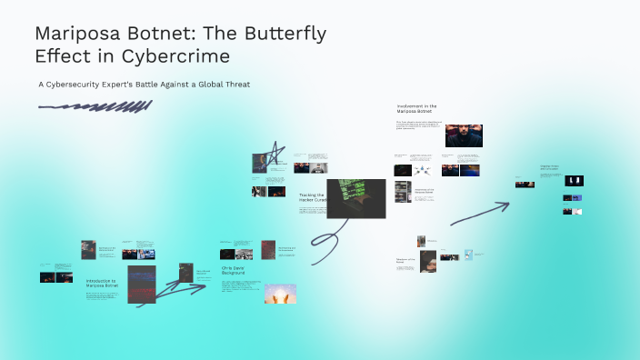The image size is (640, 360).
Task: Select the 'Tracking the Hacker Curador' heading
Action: [x=311, y=197]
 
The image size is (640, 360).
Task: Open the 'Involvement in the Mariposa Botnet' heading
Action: [x=417, y=109]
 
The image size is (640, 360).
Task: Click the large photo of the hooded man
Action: [x=464, y=135]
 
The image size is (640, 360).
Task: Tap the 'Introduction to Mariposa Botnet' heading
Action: [x=102, y=284]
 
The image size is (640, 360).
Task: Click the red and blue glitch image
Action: [x=143, y=285]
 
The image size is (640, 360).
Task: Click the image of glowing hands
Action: [x=280, y=294]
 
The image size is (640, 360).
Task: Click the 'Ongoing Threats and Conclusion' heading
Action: [x=551, y=168]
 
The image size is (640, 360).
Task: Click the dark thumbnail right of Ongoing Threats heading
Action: [x=575, y=181]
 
